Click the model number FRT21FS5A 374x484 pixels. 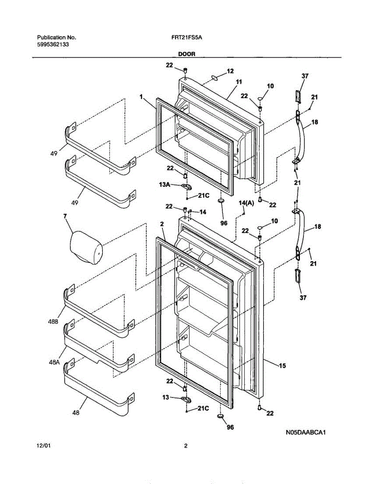click(186, 38)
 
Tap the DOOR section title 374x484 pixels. click(187, 54)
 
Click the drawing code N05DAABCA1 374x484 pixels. click(305, 432)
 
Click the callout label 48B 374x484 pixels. click(52, 321)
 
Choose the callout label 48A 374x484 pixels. click(53, 362)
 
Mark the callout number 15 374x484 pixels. click(282, 366)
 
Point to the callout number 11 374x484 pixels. click(239, 82)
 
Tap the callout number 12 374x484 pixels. click(230, 71)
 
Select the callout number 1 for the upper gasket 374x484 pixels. click(141, 97)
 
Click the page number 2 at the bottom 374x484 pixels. click(186, 446)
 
